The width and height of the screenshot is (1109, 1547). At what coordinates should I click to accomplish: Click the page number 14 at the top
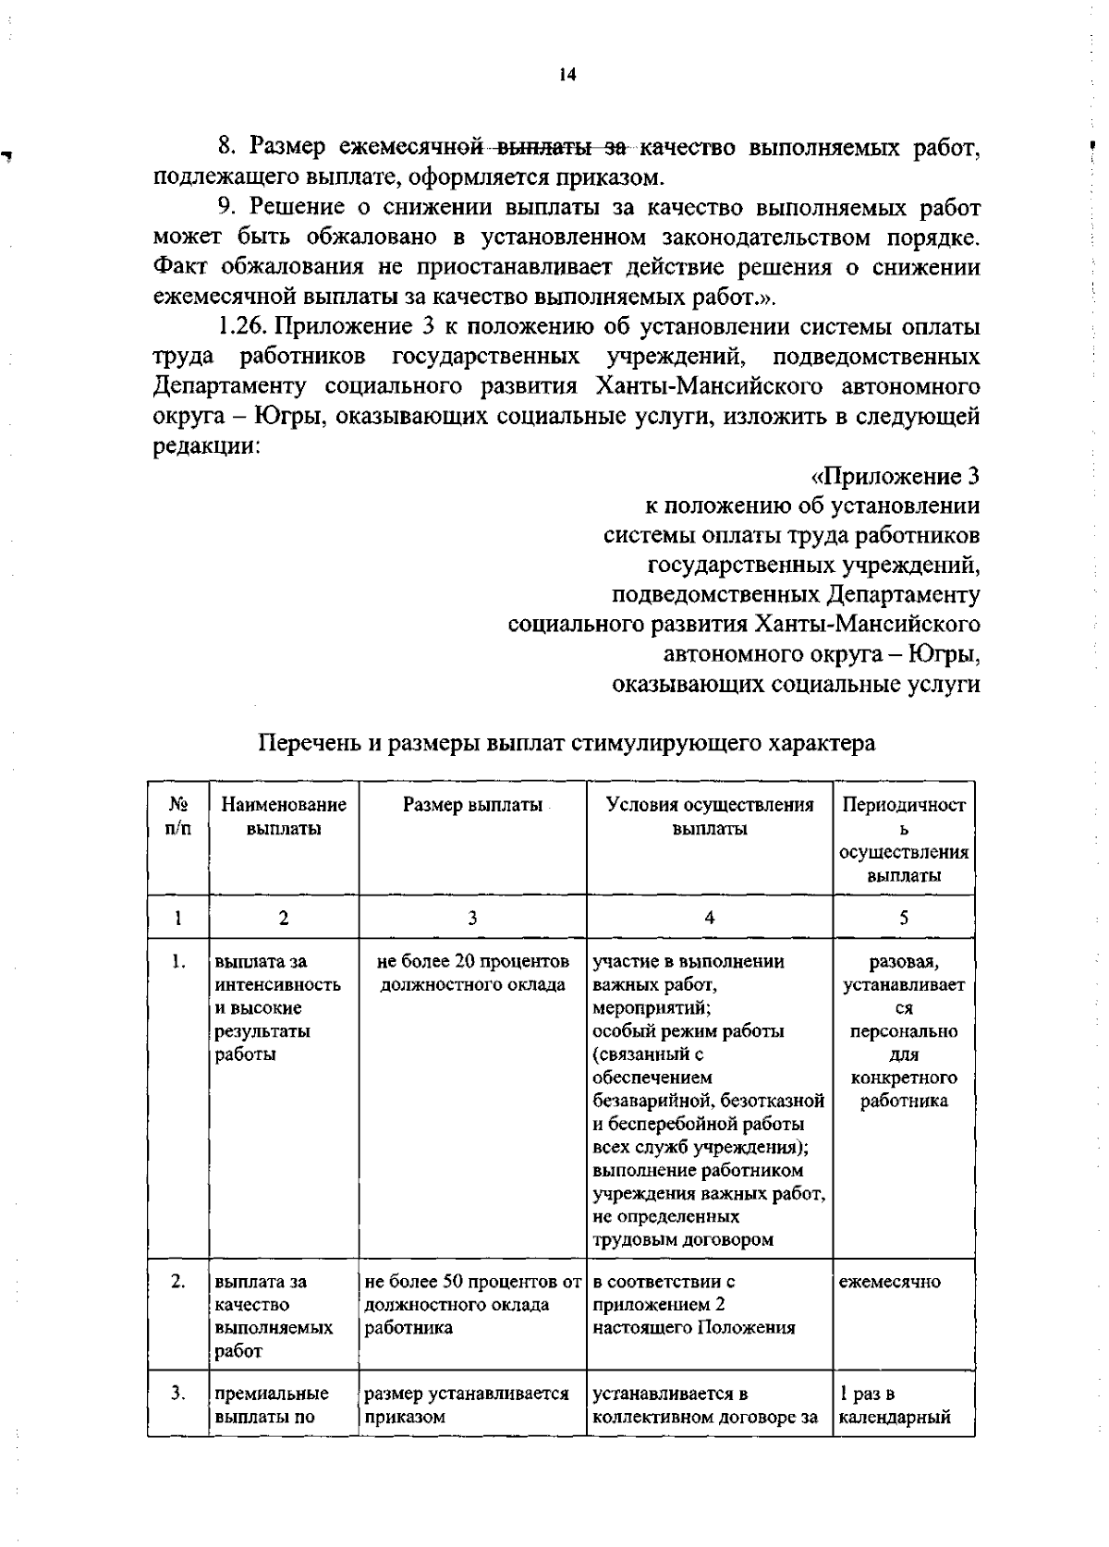(x=567, y=75)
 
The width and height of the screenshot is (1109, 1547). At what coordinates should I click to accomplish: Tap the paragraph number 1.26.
(x=243, y=327)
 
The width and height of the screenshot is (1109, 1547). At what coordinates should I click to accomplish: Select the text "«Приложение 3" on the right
(x=895, y=477)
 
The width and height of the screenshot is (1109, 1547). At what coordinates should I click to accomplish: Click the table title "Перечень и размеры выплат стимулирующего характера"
(x=566, y=743)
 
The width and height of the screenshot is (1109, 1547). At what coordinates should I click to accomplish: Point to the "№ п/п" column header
(x=178, y=817)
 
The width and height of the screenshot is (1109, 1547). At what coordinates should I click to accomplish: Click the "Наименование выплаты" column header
(x=284, y=817)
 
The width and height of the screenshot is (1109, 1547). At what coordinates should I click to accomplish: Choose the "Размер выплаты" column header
(x=472, y=805)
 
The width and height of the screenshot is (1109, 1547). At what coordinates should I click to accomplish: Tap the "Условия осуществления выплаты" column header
(x=710, y=817)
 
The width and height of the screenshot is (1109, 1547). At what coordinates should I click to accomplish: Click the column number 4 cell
(x=710, y=918)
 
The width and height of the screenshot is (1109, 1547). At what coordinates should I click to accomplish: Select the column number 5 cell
(x=904, y=918)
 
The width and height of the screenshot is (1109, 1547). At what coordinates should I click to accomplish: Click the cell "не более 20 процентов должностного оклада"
(x=472, y=973)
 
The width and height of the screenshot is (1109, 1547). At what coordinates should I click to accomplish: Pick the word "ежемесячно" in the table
(x=889, y=1282)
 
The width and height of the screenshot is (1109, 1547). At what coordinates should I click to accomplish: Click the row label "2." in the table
(x=178, y=1282)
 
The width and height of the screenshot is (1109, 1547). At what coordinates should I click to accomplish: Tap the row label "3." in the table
(x=178, y=1394)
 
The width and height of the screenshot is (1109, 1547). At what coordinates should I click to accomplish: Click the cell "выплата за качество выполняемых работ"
(x=274, y=1316)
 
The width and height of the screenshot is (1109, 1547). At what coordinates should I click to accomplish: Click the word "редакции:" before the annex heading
(x=204, y=446)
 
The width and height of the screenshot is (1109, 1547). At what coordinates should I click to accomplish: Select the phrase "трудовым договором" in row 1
(x=683, y=1239)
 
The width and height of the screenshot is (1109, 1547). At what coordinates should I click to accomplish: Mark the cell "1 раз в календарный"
(x=895, y=1406)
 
